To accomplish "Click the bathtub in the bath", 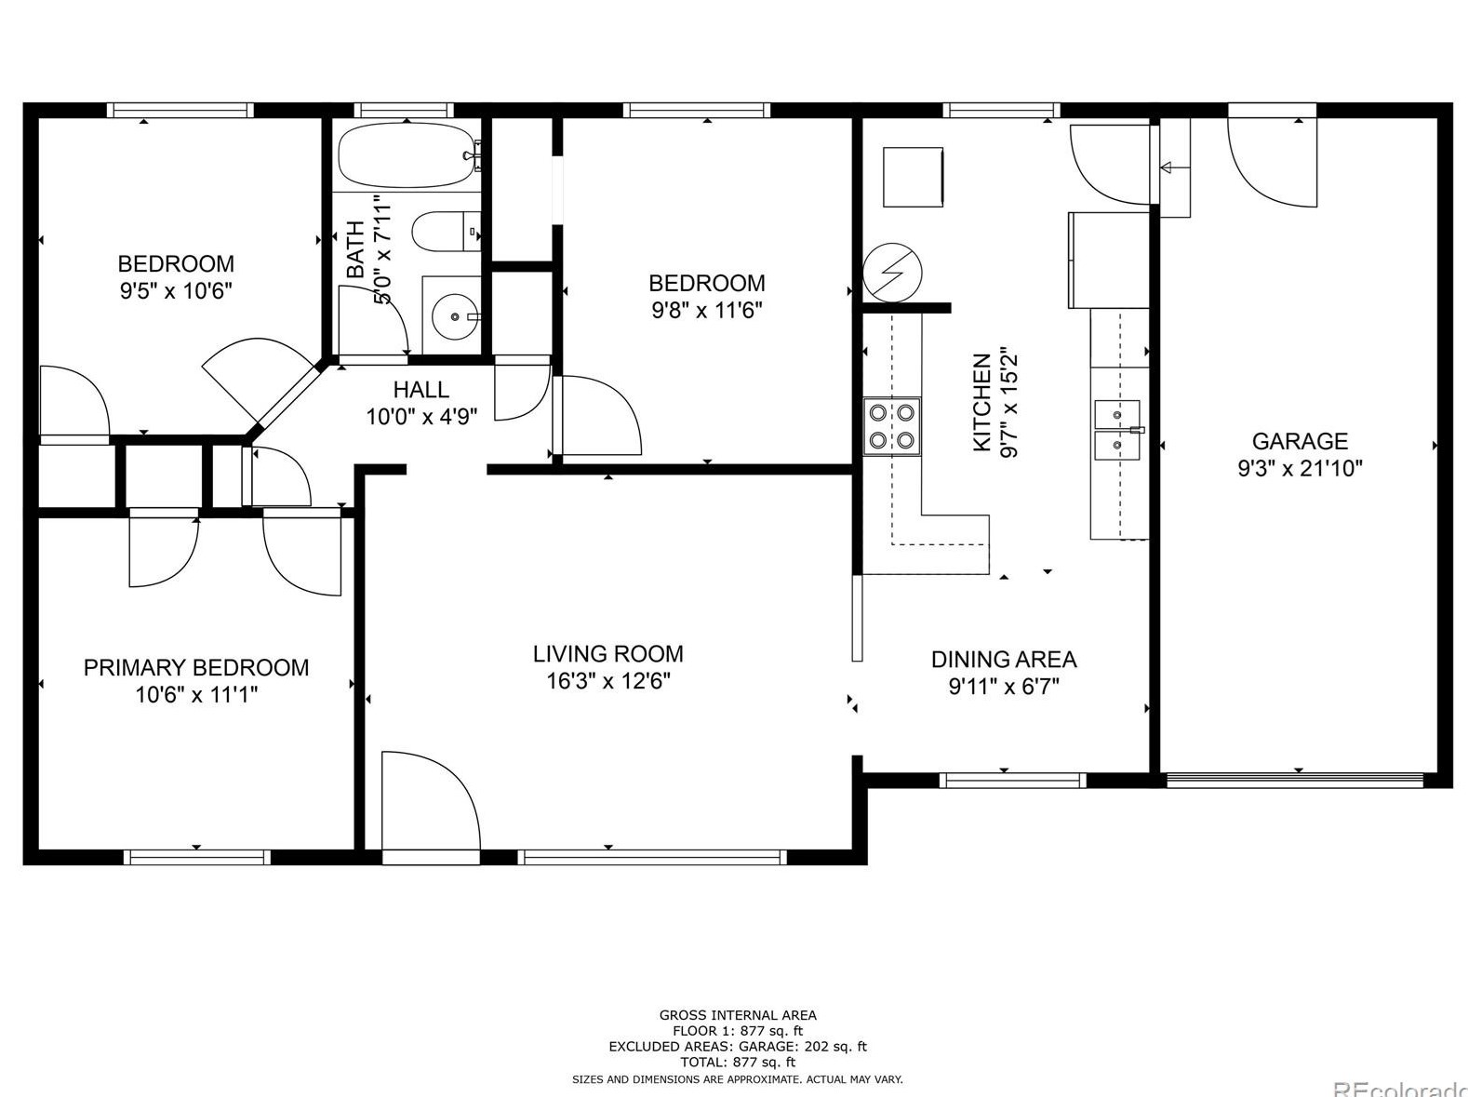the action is [408, 154].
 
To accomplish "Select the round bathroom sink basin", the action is [454, 315].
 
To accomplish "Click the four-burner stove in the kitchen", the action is [891, 426].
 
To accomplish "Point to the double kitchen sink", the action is [1117, 430].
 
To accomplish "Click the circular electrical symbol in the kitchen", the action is [892, 273].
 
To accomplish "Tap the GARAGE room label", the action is [1300, 441].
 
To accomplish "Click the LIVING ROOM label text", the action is [607, 653].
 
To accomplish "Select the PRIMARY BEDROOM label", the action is [196, 667].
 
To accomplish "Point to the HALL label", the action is [421, 389].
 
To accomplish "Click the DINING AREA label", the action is [1004, 660].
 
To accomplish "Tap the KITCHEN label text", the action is [981, 402].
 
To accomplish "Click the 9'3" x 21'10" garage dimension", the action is [1300, 468].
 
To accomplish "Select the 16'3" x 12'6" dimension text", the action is [607, 681].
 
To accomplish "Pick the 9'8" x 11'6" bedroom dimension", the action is [707, 311].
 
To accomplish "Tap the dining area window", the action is [1012, 780].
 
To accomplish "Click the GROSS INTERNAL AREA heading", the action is [738, 1015].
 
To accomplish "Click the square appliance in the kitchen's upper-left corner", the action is [913, 178].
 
